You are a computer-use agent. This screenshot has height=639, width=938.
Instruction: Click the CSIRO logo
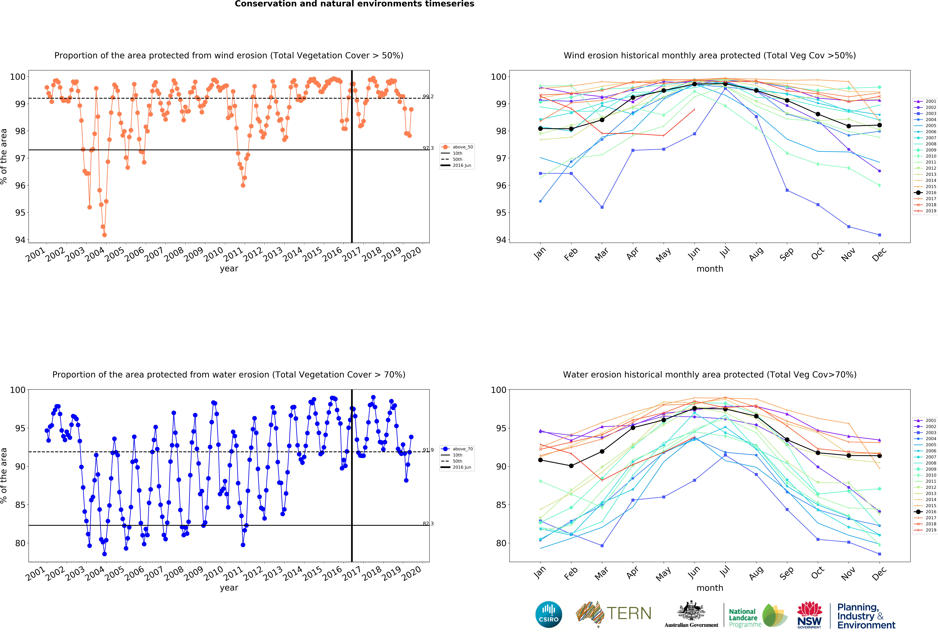549,614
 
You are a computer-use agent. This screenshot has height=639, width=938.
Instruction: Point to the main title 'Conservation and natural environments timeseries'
354,4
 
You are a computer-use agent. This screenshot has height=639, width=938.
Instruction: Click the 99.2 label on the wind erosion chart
428,96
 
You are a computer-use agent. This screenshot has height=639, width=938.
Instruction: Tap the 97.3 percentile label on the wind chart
428,148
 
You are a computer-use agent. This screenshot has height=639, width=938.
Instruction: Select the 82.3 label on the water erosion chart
428,524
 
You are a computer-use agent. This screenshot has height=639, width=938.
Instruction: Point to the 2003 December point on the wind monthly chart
879,235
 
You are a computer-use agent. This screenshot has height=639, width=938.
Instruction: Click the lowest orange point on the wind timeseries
105,235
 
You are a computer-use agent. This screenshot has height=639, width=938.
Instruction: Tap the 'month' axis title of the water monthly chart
710,588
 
